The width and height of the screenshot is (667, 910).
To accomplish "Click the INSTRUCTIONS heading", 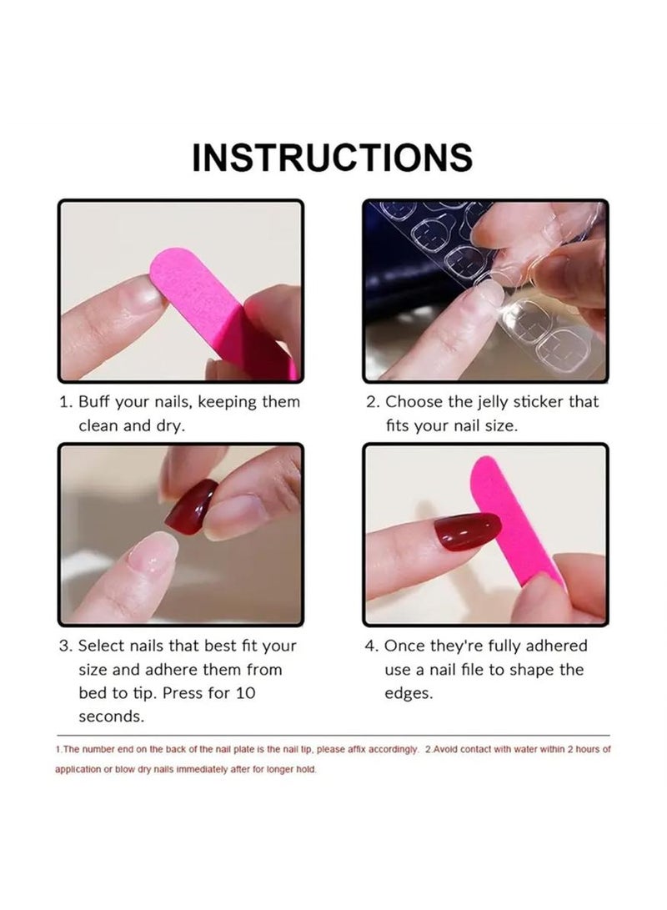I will (332, 157).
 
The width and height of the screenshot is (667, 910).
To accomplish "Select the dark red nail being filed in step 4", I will (467, 531).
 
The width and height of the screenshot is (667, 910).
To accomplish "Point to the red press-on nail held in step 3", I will (189, 506).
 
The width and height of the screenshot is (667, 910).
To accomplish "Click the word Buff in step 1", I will (94, 402).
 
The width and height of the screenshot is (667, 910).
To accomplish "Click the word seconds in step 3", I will (111, 716).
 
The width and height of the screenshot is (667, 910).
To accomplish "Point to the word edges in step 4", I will (409, 693).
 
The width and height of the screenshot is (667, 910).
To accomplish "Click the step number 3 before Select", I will (64, 646).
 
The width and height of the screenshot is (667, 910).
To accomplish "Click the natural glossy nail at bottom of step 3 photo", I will (153, 553).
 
